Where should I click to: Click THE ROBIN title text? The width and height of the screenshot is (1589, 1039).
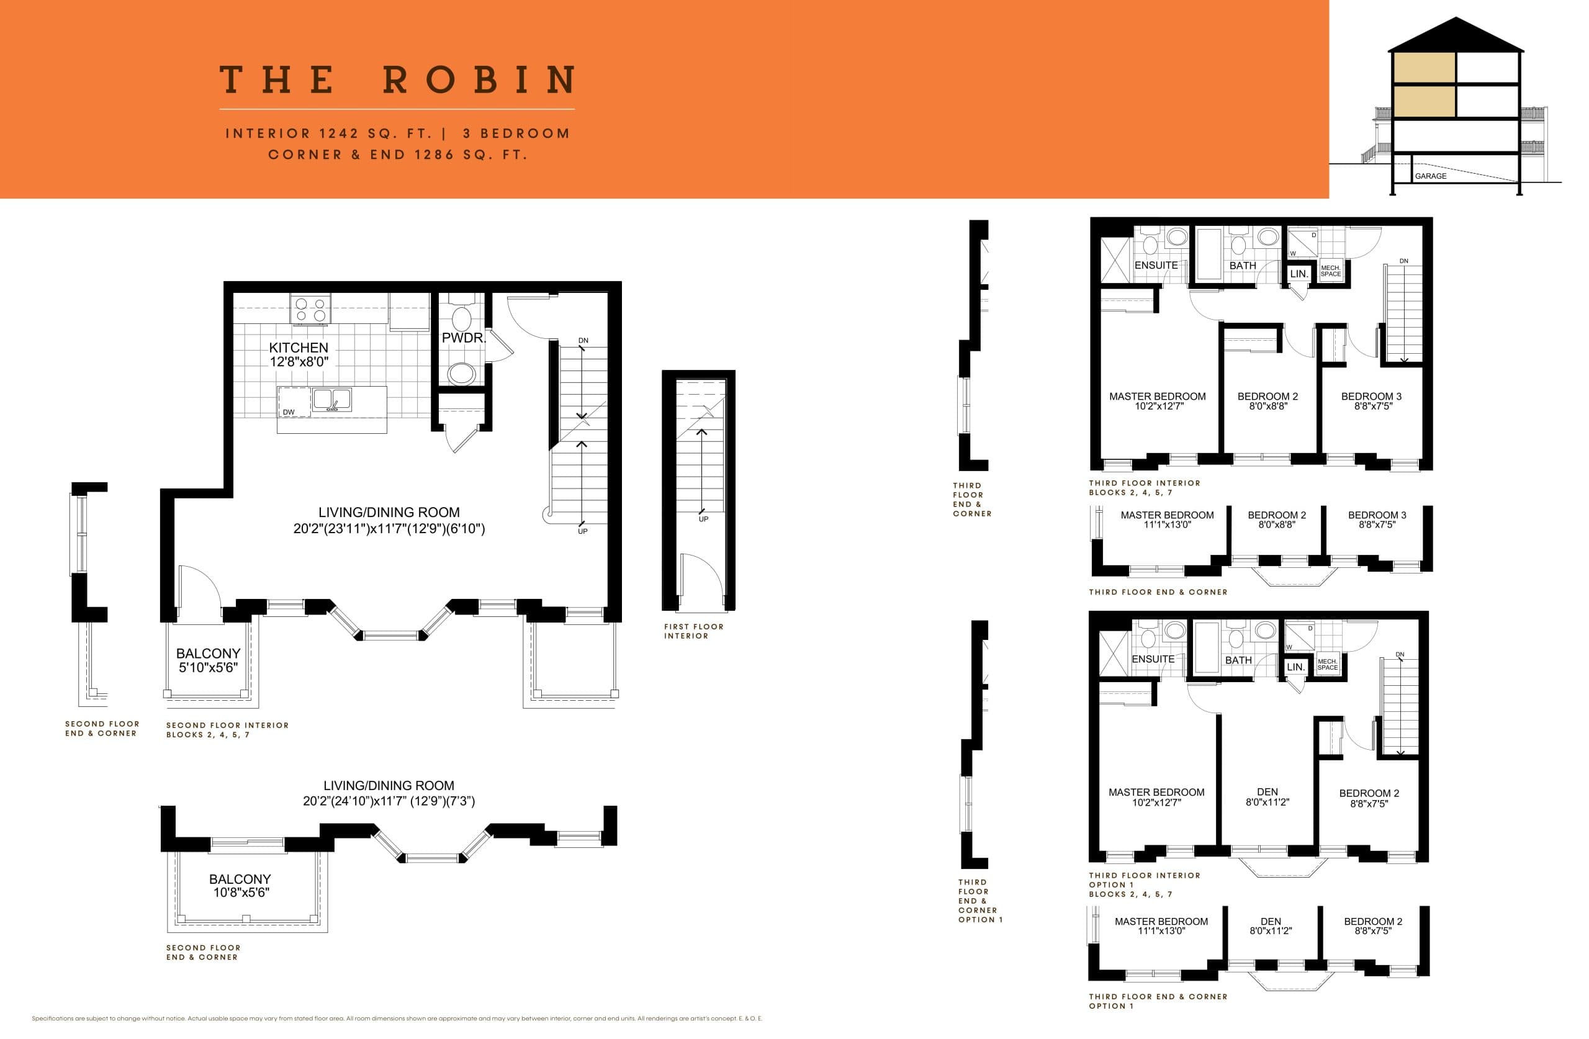tap(397, 79)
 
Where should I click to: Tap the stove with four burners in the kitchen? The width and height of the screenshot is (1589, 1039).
tap(310, 310)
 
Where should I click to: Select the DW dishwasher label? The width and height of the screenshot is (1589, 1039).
tap(289, 412)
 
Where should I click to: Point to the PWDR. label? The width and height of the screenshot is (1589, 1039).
tap(463, 338)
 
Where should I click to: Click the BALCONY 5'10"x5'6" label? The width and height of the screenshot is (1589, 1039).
tap(208, 660)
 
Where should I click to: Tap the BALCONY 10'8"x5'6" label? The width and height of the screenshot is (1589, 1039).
tap(240, 886)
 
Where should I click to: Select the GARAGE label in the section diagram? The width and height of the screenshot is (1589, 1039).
tap(1430, 176)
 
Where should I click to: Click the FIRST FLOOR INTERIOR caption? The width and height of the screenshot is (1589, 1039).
tap(693, 631)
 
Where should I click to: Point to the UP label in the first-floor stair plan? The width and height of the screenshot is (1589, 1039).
tap(703, 519)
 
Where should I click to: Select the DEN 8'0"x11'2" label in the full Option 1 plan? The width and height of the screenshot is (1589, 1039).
tap(1267, 796)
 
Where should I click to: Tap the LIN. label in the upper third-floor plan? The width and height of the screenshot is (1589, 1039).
tap(1299, 274)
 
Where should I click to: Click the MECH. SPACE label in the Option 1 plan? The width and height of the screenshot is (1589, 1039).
tap(1327, 664)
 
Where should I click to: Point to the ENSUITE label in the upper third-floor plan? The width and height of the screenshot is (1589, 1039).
tap(1156, 265)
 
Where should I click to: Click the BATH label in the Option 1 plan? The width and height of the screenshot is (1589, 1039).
tap(1238, 660)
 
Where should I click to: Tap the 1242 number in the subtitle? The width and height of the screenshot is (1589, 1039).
tap(338, 133)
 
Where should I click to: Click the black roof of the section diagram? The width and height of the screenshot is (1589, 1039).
tap(1456, 37)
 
